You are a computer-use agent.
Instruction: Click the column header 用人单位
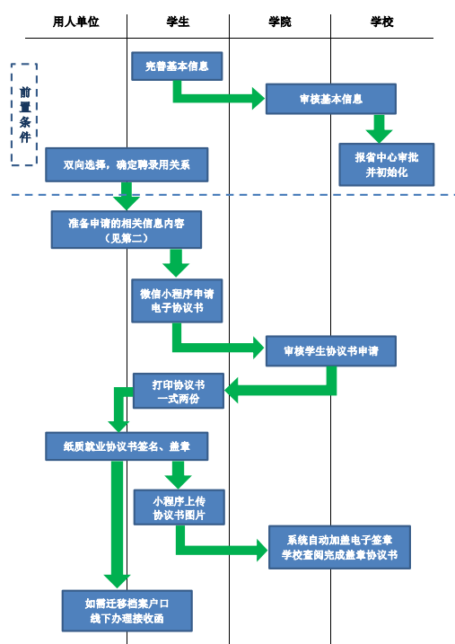click(x=76, y=22)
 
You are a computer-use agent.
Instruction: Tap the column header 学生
click(x=178, y=22)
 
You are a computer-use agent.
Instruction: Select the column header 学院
click(x=280, y=22)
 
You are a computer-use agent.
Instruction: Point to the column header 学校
click(x=382, y=22)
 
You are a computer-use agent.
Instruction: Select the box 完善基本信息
click(x=177, y=66)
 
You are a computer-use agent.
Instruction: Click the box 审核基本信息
click(x=331, y=99)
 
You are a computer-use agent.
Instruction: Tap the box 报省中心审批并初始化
click(x=387, y=164)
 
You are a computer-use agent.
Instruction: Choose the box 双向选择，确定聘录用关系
click(x=127, y=164)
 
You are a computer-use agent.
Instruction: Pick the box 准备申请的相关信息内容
click(x=127, y=230)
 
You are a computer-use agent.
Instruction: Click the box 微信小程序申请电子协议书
click(x=177, y=301)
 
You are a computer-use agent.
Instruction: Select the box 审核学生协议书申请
click(x=331, y=351)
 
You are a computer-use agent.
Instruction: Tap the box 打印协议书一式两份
click(x=179, y=391)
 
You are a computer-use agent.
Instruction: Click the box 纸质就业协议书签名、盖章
click(x=127, y=446)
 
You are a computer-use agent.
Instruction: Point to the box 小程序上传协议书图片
click(x=179, y=507)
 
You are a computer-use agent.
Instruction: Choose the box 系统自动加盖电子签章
click(x=340, y=547)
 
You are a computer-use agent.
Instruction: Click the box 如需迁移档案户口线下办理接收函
click(x=127, y=611)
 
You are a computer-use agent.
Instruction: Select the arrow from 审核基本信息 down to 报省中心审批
click(x=379, y=128)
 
